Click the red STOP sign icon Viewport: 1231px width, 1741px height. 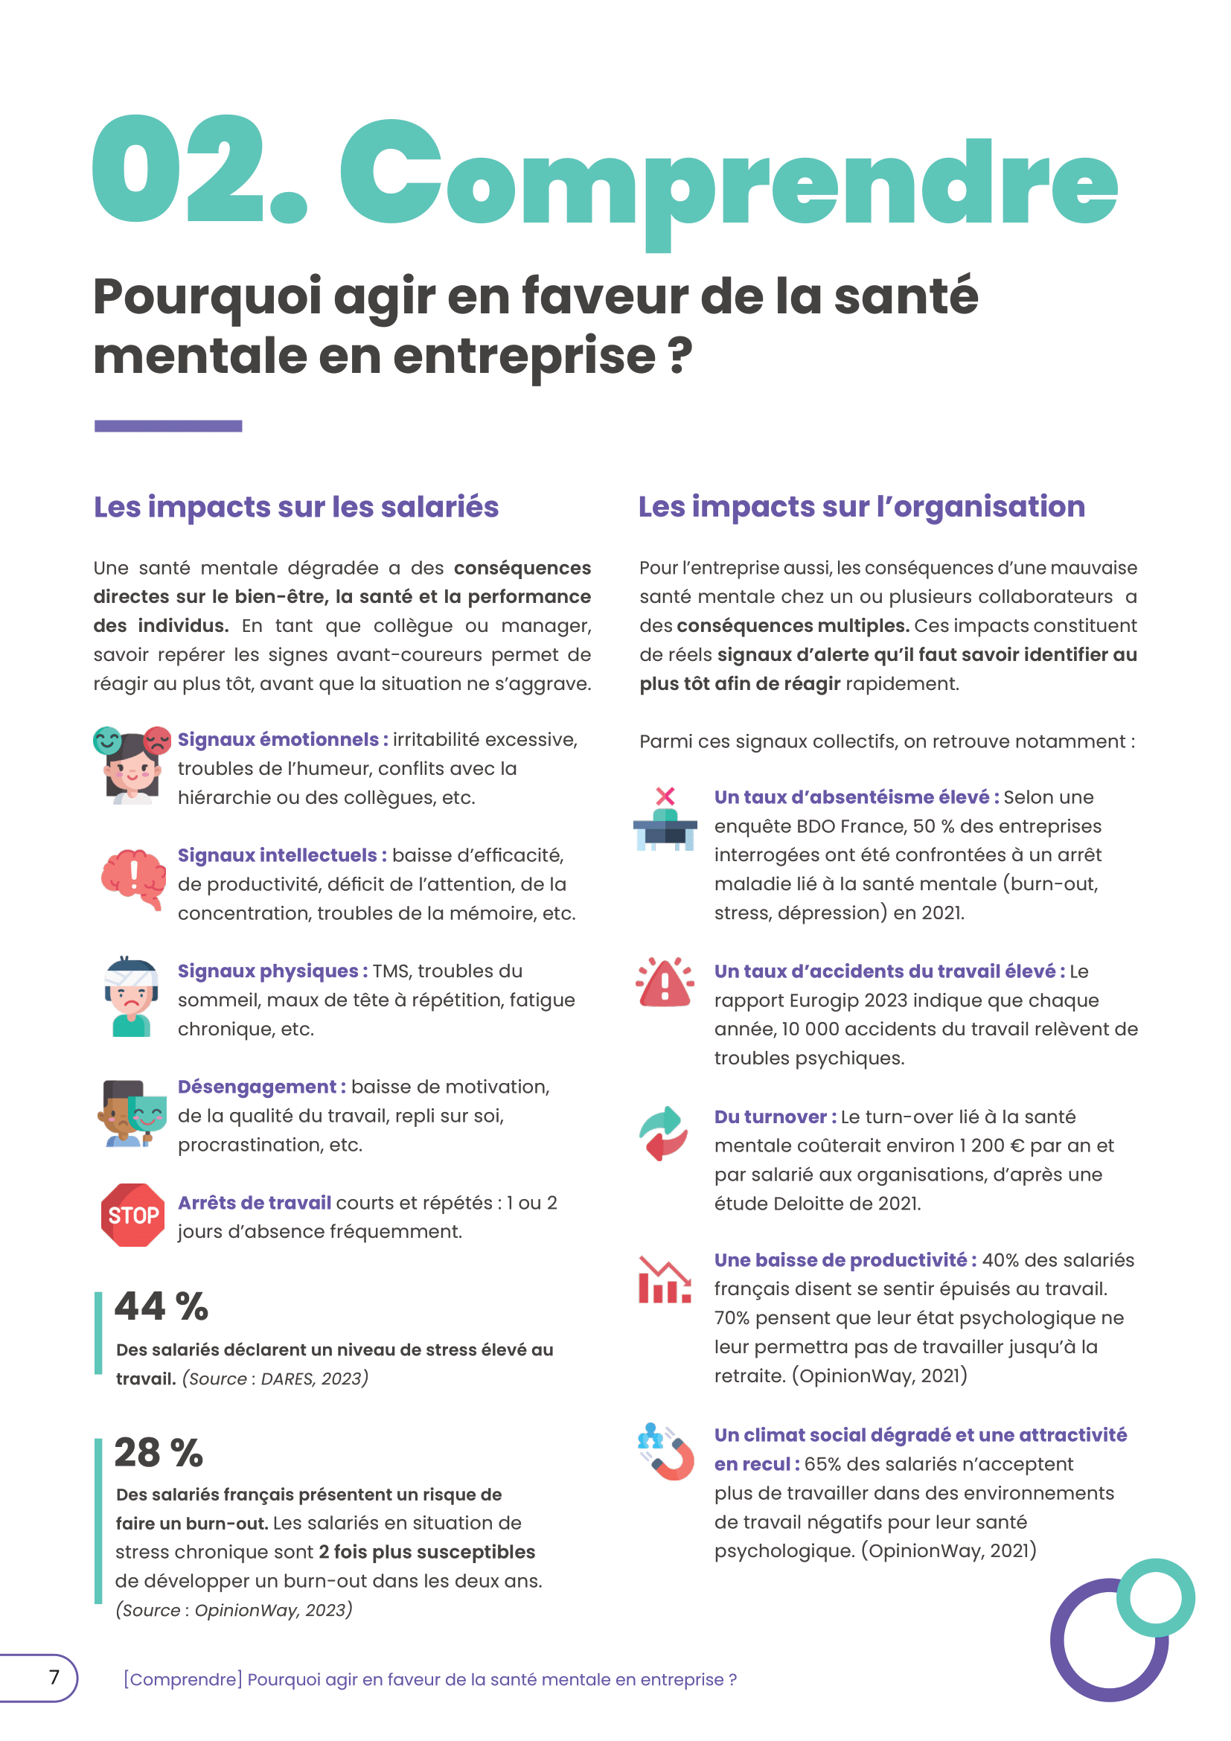click(132, 1215)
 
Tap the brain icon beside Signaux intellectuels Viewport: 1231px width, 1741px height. click(134, 878)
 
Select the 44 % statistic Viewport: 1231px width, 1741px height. click(162, 1306)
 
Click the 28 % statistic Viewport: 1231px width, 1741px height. click(159, 1452)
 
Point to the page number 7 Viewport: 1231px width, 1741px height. click(54, 1676)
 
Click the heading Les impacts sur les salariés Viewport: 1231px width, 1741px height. click(295, 507)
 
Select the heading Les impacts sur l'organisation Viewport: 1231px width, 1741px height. click(861, 507)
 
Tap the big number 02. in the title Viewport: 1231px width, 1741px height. click(199, 170)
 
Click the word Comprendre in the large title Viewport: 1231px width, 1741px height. click(728, 182)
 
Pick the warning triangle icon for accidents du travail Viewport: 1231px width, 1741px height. click(665, 983)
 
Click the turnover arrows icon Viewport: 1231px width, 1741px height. click(664, 1133)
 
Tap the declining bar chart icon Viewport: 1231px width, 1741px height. click(664, 1280)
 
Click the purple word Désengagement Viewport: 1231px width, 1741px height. click(257, 1087)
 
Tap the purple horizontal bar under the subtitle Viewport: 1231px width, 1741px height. click(167, 427)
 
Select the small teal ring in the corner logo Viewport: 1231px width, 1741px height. click(1155, 1597)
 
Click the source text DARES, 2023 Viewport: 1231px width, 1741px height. click(314, 1378)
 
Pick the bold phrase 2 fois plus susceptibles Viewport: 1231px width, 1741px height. click(426, 1552)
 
